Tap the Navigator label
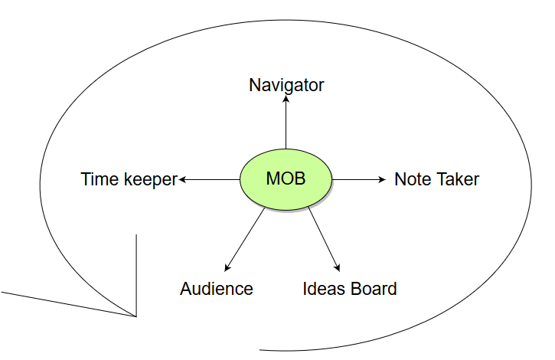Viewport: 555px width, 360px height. [286, 85]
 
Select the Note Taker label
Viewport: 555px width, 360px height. [436, 179]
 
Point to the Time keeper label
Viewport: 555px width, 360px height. [129, 179]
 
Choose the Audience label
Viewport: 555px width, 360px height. [217, 289]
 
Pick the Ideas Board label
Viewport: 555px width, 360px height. [350, 289]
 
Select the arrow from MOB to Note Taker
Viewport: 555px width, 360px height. [360, 179]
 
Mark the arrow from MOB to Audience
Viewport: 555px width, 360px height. [245, 239]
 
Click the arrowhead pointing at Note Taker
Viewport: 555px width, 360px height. [382, 179]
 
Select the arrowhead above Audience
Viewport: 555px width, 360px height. [227, 267]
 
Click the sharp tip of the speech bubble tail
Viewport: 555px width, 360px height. [136, 316]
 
